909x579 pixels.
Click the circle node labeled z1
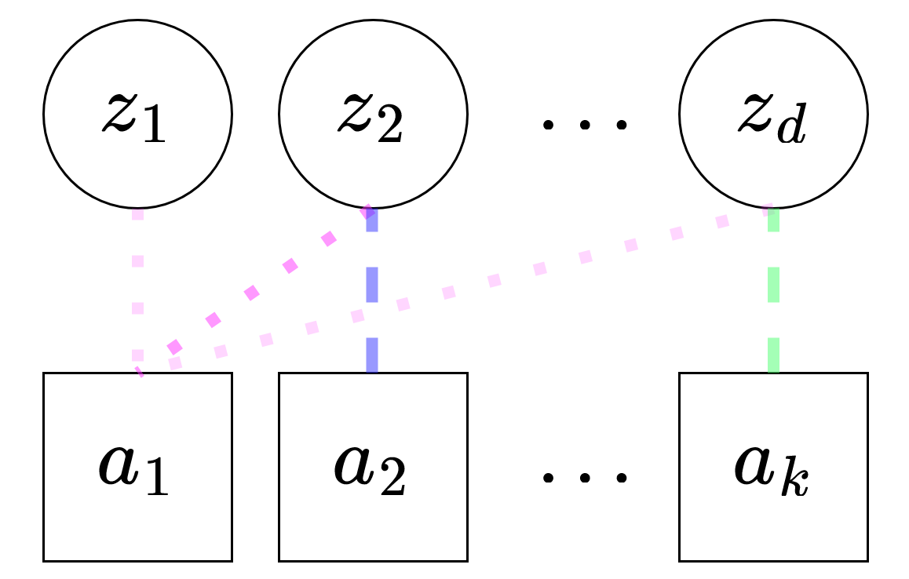[x=137, y=114]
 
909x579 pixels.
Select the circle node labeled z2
[x=373, y=114]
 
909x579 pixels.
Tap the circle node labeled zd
[x=773, y=114]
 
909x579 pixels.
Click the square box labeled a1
[x=137, y=467]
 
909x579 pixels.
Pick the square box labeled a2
[x=373, y=467]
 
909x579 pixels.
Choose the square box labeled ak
[x=773, y=467]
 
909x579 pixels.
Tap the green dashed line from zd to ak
[x=773, y=286]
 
